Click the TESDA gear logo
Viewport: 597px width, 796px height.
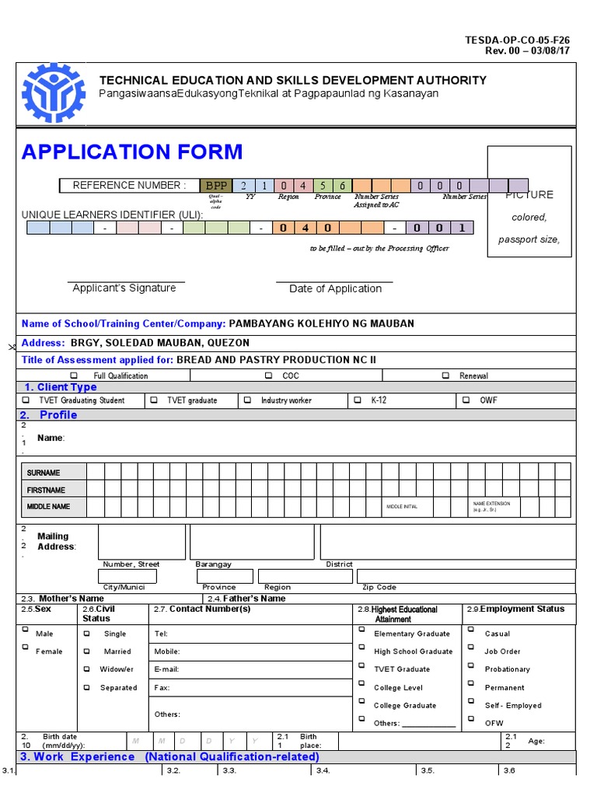pyautogui.click(x=53, y=93)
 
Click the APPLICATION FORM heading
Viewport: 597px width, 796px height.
pyautogui.click(x=132, y=152)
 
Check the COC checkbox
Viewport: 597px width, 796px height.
pyautogui.click(x=268, y=375)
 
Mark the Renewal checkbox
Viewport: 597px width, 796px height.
pyautogui.click(x=445, y=375)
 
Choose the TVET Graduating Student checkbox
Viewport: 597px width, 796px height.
pyautogui.click(x=25, y=400)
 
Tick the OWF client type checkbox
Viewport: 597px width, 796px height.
pyautogui.click(x=466, y=400)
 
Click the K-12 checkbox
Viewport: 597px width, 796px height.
pyautogui.click(x=357, y=400)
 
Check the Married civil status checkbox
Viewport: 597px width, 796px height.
pyautogui.click(x=87, y=651)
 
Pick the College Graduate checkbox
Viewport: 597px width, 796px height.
pyautogui.click(x=361, y=704)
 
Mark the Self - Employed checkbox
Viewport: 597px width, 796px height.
pyautogui.click(x=470, y=704)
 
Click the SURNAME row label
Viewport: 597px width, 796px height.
pyautogui.click(x=44, y=473)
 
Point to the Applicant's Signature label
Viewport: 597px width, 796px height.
pyautogui.click(x=124, y=288)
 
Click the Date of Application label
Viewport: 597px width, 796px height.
pyautogui.click(x=335, y=288)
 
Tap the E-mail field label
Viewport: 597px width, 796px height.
pyautogui.click(x=167, y=669)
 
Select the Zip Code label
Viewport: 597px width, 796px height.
pyautogui.click(x=379, y=588)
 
